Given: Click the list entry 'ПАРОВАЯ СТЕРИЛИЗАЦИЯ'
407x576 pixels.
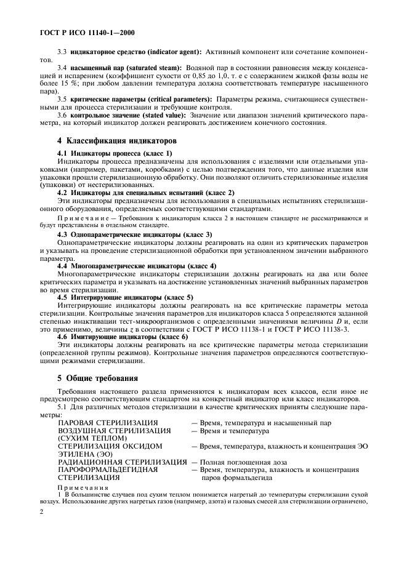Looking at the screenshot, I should pyautogui.click(x=108, y=423).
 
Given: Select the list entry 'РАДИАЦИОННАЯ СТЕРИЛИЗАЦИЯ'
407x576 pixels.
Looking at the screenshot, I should pyautogui.click(x=123, y=462).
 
